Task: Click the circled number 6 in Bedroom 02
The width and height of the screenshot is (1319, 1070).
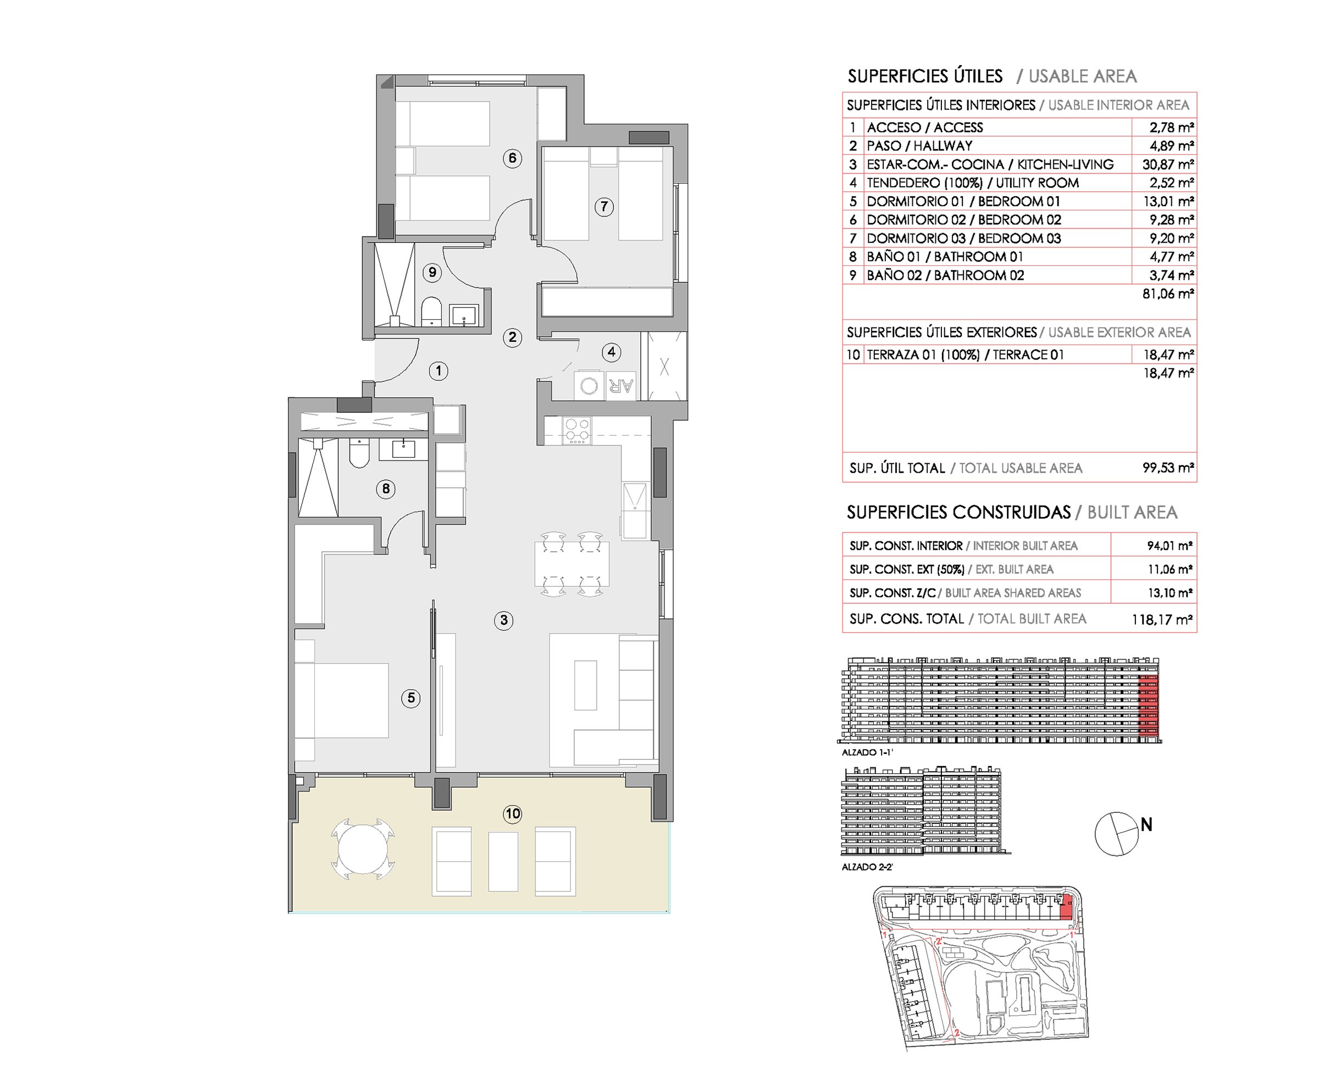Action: pyautogui.click(x=512, y=158)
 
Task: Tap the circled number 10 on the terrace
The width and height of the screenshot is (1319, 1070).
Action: pyautogui.click(x=513, y=813)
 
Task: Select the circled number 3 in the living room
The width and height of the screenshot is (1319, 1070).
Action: pyautogui.click(x=503, y=620)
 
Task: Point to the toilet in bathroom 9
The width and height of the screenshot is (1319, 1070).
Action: pyautogui.click(x=431, y=312)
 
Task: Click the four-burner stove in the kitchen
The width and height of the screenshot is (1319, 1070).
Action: pyautogui.click(x=578, y=430)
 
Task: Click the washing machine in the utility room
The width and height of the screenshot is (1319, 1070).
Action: pyautogui.click(x=589, y=386)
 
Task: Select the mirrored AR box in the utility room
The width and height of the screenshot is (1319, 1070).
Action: pyautogui.click(x=620, y=386)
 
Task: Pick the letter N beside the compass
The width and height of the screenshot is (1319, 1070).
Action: pyautogui.click(x=1146, y=824)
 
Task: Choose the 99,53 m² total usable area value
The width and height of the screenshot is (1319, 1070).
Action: pyautogui.click(x=1168, y=468)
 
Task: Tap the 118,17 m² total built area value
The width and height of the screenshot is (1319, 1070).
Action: pyautogui.click(x=1162, y=619)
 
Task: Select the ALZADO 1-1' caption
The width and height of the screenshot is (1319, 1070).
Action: pyautogui.click(x=867, y=752)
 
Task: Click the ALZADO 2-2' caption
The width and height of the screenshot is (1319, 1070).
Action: pyautogui.click(x=867, y=867)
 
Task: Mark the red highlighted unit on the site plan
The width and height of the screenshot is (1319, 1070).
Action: pyautogui.click(x=1066, y=908)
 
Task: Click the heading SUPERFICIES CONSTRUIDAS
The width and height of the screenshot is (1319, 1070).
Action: pyautogui.click(x=958, y=512)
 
